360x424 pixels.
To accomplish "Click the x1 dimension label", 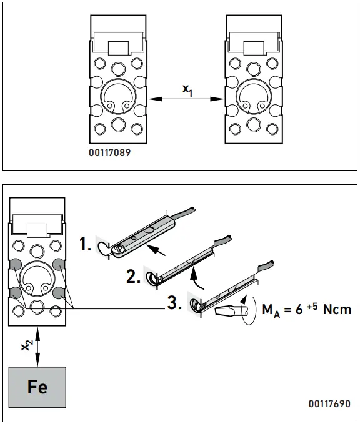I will pyautogui.click(x=187, y=90).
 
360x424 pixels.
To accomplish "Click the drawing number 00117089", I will pyautogui.click(x=109, y=150).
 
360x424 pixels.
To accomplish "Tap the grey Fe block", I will pyautogui.click(x=37, y=386).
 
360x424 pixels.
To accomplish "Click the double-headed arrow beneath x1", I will pyautogui.click(x=186, y=99).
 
